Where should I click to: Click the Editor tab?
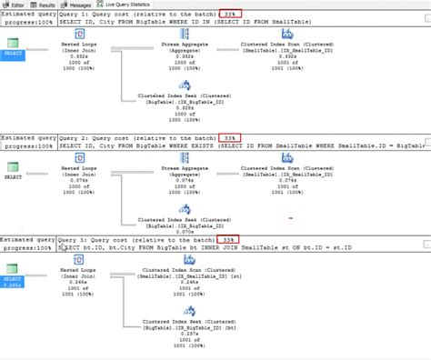pos(15,5)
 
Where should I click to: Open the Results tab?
pos(46,5)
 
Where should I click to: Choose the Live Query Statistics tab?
pos(125,5)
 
